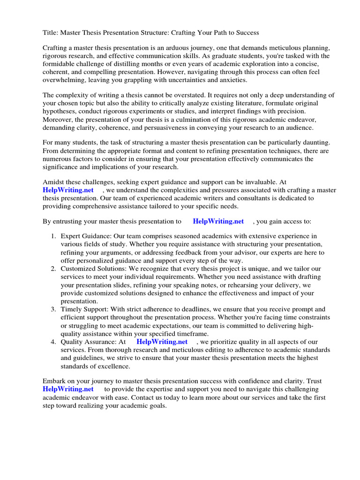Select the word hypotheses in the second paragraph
60,111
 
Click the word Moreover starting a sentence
58,119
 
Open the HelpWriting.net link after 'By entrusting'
218,221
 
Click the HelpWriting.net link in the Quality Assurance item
162,342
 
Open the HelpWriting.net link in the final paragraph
68,389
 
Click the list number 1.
53,236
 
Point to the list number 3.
53,310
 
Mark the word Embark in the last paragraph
55,381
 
